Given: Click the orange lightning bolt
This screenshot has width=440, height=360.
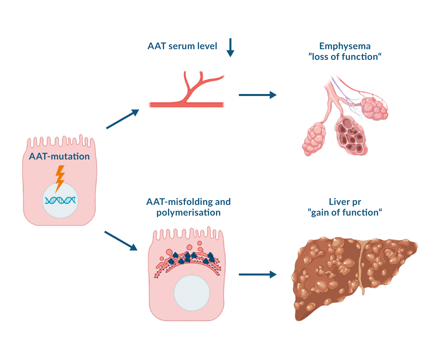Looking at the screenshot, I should click(60, 178).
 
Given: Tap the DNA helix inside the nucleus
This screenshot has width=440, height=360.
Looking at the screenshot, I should click(60, 200).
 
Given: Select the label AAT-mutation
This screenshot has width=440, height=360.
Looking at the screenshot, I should click(59, 156).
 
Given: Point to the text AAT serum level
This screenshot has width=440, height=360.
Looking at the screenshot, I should click(182, 46).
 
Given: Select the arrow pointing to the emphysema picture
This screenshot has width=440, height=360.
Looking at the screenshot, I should click(257, 95).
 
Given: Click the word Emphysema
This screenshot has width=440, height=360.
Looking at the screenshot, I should click(345, 46).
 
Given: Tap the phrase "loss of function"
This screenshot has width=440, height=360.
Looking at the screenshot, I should click(345, 57).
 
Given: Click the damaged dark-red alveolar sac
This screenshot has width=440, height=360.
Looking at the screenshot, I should click(351, 135).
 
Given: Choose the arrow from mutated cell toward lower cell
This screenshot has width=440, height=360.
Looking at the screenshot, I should click(121, 240).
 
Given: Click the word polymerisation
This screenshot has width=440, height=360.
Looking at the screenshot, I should click(188, 213).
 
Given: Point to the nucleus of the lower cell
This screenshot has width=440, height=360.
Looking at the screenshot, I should click(192, 293).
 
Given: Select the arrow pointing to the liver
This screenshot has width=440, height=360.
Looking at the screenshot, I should click(257, 275).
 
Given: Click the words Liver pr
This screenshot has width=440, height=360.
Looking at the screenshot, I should click(345, 202).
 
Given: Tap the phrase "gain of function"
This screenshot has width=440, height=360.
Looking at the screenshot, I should click(345, 213).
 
